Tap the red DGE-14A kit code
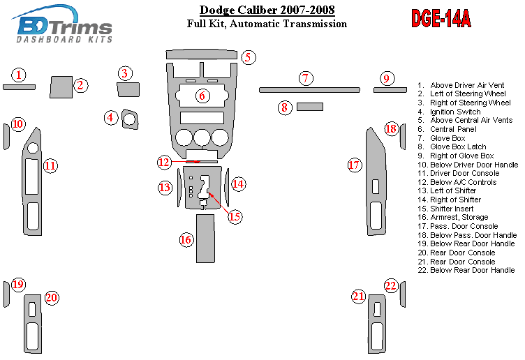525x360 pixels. point(441,19)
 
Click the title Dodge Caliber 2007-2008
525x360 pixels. point(267,10)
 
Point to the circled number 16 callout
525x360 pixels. point(186,240)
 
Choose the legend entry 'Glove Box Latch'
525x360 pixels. point(457,147)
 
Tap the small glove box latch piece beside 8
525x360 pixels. point(309,107)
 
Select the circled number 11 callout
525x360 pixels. point(50,166)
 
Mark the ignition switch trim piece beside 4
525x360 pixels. point(129,119)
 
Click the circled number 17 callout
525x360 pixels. point(355,165)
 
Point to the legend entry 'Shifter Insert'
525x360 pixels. point(451,209)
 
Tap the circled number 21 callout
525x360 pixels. point(359,297)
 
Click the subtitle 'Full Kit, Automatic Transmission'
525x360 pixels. point(267,24)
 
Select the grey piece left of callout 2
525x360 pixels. point(61,87)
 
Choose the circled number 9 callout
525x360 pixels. point(386,78)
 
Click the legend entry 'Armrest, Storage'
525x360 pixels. point(459,217)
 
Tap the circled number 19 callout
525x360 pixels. point(18,284)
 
